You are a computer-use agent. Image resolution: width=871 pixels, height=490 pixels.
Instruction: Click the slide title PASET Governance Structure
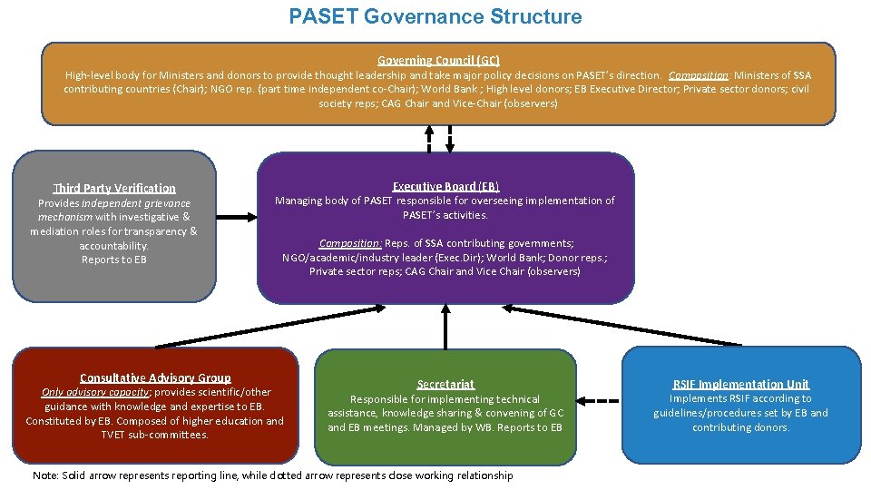tap(435, 17)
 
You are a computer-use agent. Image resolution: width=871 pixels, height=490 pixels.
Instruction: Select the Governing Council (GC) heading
tap(438, 59)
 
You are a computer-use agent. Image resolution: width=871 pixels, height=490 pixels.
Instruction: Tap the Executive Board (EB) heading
tap(445, 186)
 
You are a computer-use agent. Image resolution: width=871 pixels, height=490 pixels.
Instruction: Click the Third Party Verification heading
tap(114, 188)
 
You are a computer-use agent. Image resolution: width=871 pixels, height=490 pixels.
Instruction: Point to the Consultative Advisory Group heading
tap(155, 377)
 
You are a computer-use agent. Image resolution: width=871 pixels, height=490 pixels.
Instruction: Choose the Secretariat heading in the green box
tap(445, 385)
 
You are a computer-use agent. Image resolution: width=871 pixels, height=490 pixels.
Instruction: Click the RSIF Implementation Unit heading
tap(740, 384)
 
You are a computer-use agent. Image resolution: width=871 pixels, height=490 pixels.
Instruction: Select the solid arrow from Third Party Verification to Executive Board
tap(238, 216)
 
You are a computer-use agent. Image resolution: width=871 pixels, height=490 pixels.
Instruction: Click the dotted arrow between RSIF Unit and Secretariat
tap(599, 400)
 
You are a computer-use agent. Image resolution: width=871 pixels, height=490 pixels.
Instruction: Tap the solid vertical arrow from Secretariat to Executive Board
tap(445, 327)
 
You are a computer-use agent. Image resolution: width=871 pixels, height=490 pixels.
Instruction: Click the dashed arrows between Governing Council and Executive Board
tap(438, 138)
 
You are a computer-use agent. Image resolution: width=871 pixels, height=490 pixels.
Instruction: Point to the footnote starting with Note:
tap(272, 475)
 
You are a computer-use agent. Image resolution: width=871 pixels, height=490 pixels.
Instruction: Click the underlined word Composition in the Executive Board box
tap(350, 243)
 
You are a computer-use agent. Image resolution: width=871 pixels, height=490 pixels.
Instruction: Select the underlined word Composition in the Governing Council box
tap(698, 75)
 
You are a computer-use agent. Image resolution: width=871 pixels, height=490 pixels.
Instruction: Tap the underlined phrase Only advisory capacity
tap(95, 392)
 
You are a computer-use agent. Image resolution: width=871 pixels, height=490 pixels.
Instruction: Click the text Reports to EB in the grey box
tap(113, 260)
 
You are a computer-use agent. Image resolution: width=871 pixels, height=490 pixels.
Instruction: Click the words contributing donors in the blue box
tap(740, 427)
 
